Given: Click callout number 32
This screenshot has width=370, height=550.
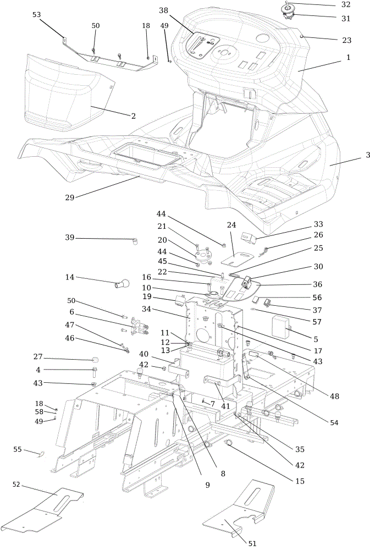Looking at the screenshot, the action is [x=345, y=4].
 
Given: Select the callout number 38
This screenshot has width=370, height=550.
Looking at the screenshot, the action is [x=163, y=10].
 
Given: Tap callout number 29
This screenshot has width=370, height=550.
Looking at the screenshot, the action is [x=70, y=197].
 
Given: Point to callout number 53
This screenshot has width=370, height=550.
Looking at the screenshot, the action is [x=36, y=15].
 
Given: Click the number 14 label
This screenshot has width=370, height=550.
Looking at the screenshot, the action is [x=70, y=277].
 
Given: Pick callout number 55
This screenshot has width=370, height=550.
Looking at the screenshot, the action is [x=18, y=449].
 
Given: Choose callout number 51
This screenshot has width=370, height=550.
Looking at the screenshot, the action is [x=252, y=543].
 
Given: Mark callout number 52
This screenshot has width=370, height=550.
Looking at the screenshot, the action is [x=16, y=485].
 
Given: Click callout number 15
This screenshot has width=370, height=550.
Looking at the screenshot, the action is [x=300, y=481].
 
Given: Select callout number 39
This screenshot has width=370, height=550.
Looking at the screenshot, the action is [x=70, y=238].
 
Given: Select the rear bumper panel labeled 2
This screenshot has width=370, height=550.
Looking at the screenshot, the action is [x=63, y=93].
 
